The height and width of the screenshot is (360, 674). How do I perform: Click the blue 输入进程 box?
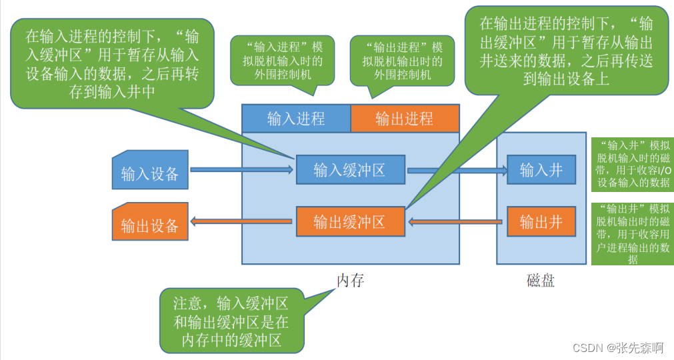point(296,119)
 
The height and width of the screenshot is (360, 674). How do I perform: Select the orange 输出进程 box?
point(405,119)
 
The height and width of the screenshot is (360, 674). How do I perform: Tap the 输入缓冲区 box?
point(350,169)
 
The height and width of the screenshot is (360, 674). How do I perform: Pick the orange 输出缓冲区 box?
point(350,221)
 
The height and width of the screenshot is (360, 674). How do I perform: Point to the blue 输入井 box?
point(541,169)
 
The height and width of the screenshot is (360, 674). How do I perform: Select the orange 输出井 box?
point(541,221)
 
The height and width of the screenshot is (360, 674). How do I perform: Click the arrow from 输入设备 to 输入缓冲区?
point(241,170)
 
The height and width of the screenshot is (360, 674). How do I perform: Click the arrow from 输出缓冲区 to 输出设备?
point(241,221)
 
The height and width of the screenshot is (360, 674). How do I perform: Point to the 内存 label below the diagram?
point(350,280)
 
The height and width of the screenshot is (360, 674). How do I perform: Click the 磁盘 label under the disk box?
point(541,280)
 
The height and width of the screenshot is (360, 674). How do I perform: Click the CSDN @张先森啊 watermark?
point(617,348)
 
